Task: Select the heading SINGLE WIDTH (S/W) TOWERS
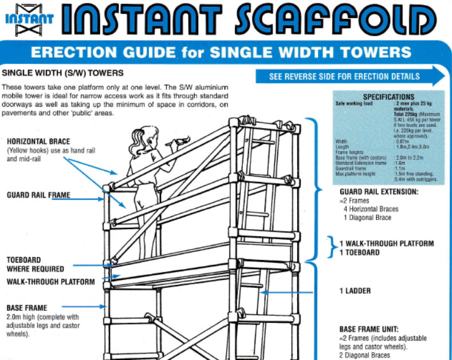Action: pyautogui.click(x=63, y=73)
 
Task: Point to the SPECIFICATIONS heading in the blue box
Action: pyautogui.click(x=388, y=97)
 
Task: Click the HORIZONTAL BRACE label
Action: pyautogui.click(x=38, y=141)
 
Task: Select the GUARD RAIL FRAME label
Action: pyautogui.click(x=38, y=195)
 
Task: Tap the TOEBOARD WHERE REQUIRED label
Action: pyautogui.click(x=36, y=264)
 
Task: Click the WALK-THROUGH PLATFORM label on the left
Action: pyautogui.click(x=50, y=282)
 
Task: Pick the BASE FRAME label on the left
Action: pyautogui.click(x=27, y=308)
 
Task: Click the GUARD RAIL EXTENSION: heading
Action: pyautogui.click(x=379, y=192)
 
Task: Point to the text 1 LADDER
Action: pyautogui.click(x=355, y=291)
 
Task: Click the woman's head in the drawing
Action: pyautogui.click(x=143, y=136)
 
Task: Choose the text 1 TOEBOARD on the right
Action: pyautogui.click(x=359, y=252)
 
